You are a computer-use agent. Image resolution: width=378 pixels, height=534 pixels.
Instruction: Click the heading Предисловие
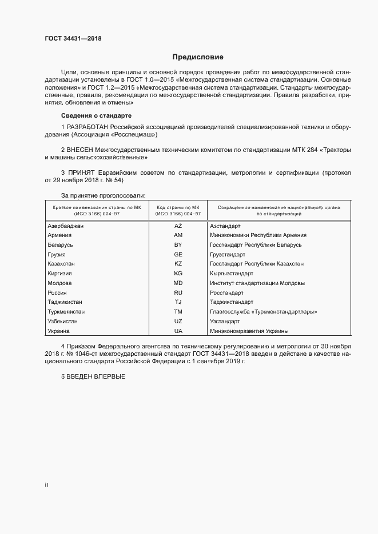click(198, 57)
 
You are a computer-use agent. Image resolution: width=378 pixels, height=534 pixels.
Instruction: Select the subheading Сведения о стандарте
click(91, 116)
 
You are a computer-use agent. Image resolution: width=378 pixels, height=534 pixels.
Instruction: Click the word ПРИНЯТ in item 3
click(84, 172)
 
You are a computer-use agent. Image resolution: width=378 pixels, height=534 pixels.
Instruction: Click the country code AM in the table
click(178, 235)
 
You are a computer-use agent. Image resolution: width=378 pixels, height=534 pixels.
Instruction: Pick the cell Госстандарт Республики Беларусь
click(256, 245)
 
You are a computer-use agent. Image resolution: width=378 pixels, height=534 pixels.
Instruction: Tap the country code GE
click(178, 255)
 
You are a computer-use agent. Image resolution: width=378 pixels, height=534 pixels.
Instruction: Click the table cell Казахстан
click(62, 264)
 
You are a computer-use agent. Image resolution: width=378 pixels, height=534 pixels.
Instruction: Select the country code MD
click(178, 283)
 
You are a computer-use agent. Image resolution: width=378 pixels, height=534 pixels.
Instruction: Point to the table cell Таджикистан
click(65, 302)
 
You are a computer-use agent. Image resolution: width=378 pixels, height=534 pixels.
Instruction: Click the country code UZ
click(178, 322)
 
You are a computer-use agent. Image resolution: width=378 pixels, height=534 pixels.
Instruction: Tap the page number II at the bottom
click(47, 485)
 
